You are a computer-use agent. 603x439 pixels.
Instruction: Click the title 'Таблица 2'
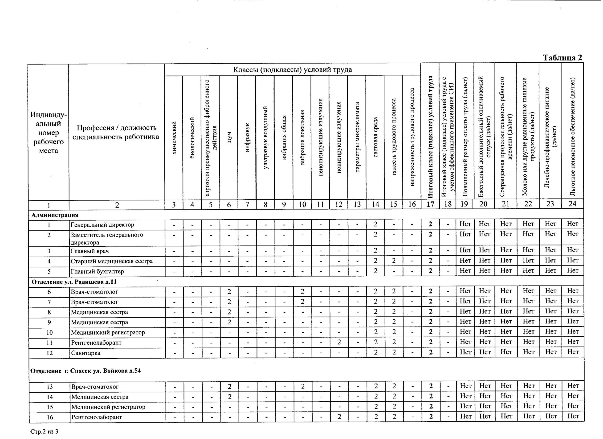[562, 58]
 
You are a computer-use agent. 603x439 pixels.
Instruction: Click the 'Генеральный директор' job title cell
[102, 225]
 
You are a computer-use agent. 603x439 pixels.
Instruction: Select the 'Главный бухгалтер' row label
[97, 271]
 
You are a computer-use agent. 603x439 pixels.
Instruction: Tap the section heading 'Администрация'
[55, 215]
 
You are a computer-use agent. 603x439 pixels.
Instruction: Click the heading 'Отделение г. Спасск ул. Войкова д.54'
[85, 371]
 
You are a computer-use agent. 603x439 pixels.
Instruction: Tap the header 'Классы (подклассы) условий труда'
[293, 70]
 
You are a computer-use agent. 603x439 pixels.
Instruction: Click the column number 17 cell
[430, 204]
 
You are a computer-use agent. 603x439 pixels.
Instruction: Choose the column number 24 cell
[572, 204]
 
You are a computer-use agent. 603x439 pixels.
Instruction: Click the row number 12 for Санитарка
[49, 353]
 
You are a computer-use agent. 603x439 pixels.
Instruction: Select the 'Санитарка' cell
[86, 353]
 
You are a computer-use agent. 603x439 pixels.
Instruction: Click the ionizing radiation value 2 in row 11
[339, 342]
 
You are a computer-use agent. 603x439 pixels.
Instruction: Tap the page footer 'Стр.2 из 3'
[44, 431]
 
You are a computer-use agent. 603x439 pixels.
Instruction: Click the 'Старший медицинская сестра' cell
[112, 261]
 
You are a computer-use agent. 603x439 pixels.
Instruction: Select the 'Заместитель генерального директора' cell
[107, 238]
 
